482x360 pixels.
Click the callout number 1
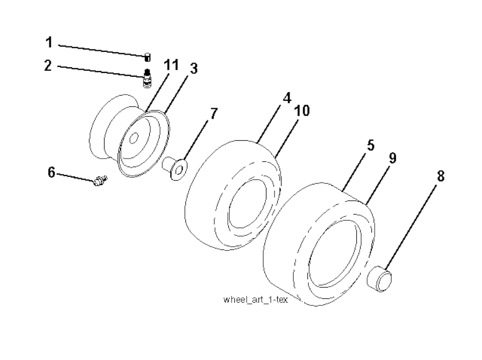[49, 42]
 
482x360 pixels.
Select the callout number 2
[48, 65]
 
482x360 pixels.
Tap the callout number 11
[171, 65]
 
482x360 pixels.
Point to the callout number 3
[193, 68]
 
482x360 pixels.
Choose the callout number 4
[287, 98]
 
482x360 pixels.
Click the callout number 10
[302, 111]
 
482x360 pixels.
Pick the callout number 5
[371, 145]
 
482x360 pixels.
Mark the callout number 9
[393, 158]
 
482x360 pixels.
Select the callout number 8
[441, 176]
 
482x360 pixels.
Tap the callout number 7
[214, 114]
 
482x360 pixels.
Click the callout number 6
[52, 172]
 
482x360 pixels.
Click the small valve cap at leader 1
[147, 57]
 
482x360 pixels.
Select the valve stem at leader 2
[147, 79]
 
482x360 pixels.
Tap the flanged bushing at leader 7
[175, 168]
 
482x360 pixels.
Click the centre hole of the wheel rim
[134, 138]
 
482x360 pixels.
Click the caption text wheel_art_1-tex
[256, 299]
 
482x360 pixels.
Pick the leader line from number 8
[411, 227]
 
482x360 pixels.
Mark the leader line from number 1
[102, 51]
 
